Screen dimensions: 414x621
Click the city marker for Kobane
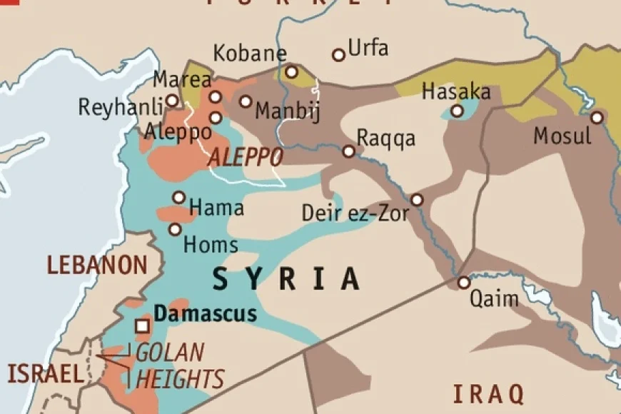pyautogui.click(x=291, y=71)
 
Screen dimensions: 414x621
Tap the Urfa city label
pyautogui.click(x=369, y=49)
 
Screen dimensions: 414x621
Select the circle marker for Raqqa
pyautogui.click(x=348, y=151)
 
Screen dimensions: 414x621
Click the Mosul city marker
pyautogui.click(x=597, y=117)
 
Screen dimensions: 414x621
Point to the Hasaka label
pyautogui.click(x=456, y=92)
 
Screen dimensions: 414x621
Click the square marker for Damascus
pyautogui.click(x=143, y=325)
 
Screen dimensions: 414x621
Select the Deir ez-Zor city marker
pyautogui.click(x=417, y=200)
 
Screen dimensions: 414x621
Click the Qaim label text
pyautogui.click(x=494, y=298)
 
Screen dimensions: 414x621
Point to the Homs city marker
pyautogui.click(x=175, y=229)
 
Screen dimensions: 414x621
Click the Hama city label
pyautogui.click(x=216, y=208)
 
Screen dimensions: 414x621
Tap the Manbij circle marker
pyautogui.click(x=246, y=101)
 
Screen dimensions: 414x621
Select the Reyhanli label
pyautogui.click(x=118, y=108)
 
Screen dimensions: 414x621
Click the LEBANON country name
pyautogui.click(x=97, y=265)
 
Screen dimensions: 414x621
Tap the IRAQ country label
pyautogui.click(x=489, y=393)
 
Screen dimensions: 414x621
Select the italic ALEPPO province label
pyautogui.click(x=245, y=158)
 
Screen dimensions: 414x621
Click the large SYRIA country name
pyautogui.click(x=286, y=278)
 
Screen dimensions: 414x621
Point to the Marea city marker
pyautogui.click(x=171, y=100)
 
